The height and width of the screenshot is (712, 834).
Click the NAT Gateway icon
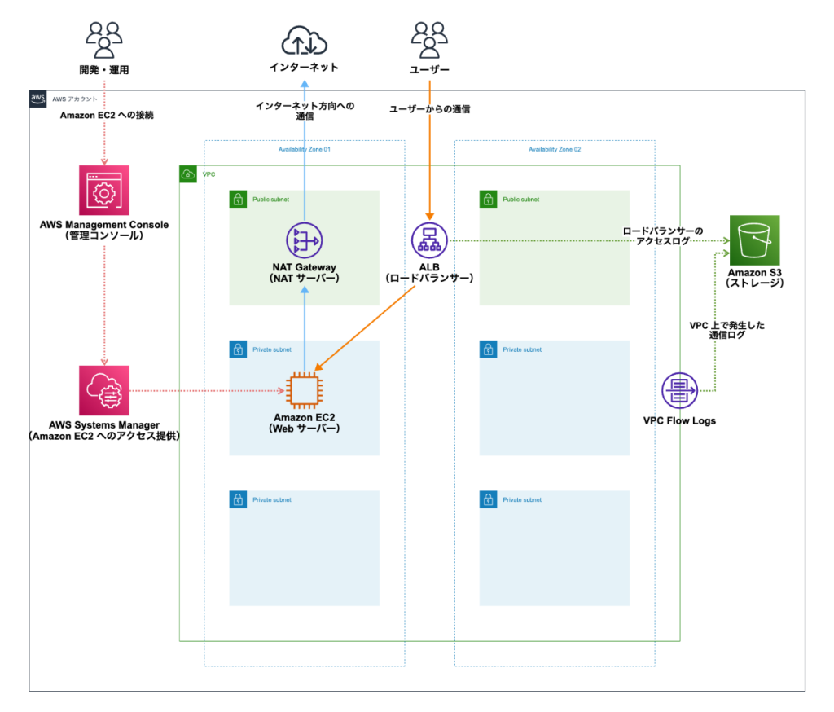tap(304, 240)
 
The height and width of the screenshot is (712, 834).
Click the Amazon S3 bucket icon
tap(754, 240)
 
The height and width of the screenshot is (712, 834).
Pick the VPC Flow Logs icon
tap(679, 391)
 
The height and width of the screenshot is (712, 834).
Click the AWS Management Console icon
tap(103, 191)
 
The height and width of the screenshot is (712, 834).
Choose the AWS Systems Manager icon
tap(103, 391)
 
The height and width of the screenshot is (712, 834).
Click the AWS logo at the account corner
tap(38, 99)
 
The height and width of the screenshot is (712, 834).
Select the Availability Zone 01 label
tap(304, 150)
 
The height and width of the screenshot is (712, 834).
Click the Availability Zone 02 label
tap(555, 150)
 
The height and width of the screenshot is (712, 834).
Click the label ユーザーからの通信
tap(429, 109)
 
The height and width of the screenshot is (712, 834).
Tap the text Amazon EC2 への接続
tap(108, 116)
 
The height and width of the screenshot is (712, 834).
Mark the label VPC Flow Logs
tap(679, 421)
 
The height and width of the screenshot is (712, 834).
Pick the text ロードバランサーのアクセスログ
tap(662, 236)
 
